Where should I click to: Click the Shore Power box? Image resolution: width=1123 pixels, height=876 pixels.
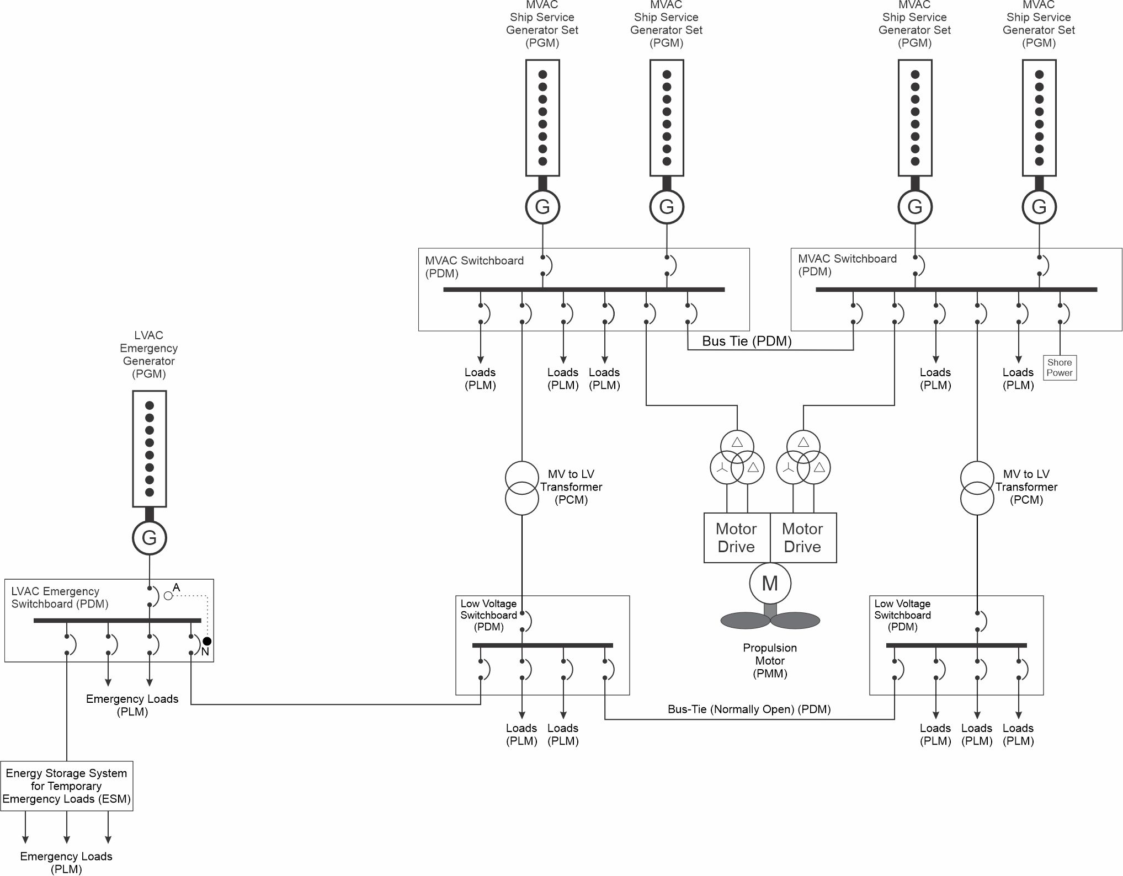coord(1060,367)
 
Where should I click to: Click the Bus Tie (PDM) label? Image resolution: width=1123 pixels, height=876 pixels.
coord(747,341)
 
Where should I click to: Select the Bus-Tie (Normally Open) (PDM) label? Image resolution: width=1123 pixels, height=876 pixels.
coord(749,709)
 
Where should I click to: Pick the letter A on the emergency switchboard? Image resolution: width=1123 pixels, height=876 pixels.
coord(177,587)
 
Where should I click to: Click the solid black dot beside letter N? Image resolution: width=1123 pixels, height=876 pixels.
coord(207,641)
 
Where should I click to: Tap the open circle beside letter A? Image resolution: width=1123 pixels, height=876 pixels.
coord(168,596)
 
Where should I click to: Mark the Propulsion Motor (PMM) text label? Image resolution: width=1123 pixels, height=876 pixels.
coord(770,660)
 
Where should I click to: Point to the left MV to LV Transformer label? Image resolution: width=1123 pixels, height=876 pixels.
coord(571,487)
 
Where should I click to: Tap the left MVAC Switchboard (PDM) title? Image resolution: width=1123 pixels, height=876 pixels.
coord(474,267)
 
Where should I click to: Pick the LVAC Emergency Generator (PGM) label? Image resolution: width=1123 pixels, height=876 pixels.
coord(149,355)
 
